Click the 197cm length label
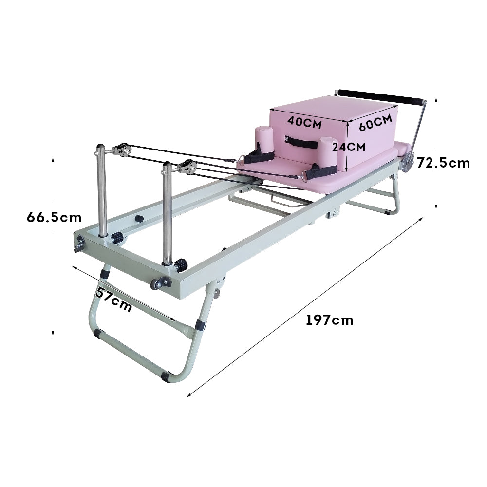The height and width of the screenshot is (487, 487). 329,320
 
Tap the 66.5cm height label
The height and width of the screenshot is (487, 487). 54,217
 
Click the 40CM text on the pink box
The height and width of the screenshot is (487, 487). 304,123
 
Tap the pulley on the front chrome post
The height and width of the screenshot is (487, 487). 187,167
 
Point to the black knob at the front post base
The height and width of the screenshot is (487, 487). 181,265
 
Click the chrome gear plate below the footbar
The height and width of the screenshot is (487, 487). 407,164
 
